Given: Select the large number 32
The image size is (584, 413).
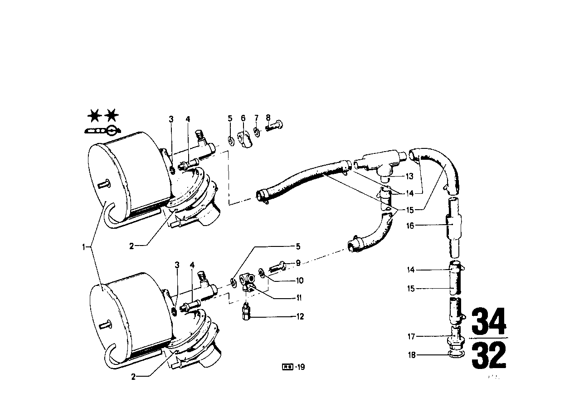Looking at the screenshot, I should pos(488,356).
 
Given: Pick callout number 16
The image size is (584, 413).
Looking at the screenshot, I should pos(410,225).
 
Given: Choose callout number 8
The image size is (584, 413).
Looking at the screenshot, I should pos(268,118).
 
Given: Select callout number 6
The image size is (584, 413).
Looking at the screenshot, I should pos(243,118).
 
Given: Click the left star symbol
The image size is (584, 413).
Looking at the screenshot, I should pos(94,116).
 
